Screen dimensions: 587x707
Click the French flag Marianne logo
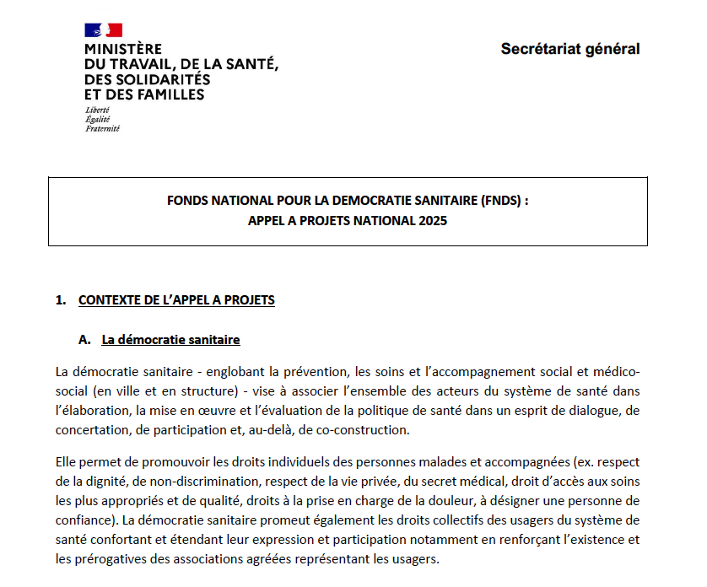point(103,30)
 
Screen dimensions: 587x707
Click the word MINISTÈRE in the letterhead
point(123,50)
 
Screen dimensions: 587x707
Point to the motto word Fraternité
point(102,129)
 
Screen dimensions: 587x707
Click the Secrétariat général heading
point(569,49)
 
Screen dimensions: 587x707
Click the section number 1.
point(59,300)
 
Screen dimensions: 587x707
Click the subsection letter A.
point(84,340)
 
